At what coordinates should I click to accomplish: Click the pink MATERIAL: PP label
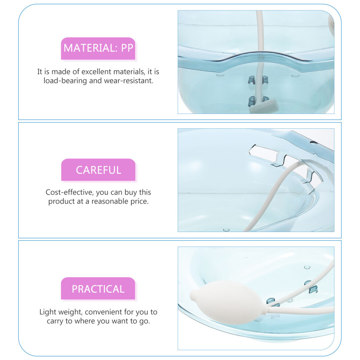pos(98,48)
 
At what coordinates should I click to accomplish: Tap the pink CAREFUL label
pos(98,170)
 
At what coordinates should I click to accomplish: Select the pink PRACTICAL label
pos(98,288)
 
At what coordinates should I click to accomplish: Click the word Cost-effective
pos(69,192)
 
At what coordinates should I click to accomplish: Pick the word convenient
pos(104,312)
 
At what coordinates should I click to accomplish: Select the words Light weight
pos(61,312)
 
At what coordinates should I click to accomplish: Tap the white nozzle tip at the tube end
pos(264,106)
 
